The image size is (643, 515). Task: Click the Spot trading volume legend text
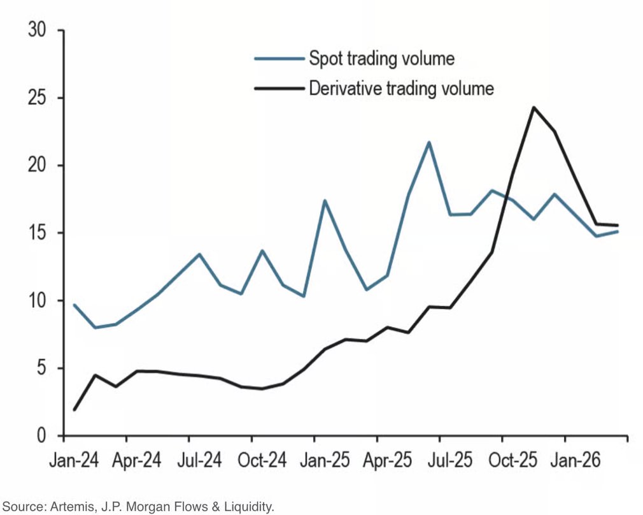pyautogui.click(x=381, y=59)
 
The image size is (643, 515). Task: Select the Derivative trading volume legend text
pyautogui.click(x=401, y=87)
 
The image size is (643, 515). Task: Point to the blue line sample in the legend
pyautogui.click(x=279, y=59)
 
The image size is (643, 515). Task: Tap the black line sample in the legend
pyautogui.click(x=279, y=88)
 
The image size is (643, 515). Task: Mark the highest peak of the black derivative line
pyautogui.click(x=533, y=107)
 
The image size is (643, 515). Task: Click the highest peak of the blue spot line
pyautogui.click(x=429, y=142)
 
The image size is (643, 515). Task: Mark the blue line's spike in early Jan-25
pyautogui.click(x=325, y=201)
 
